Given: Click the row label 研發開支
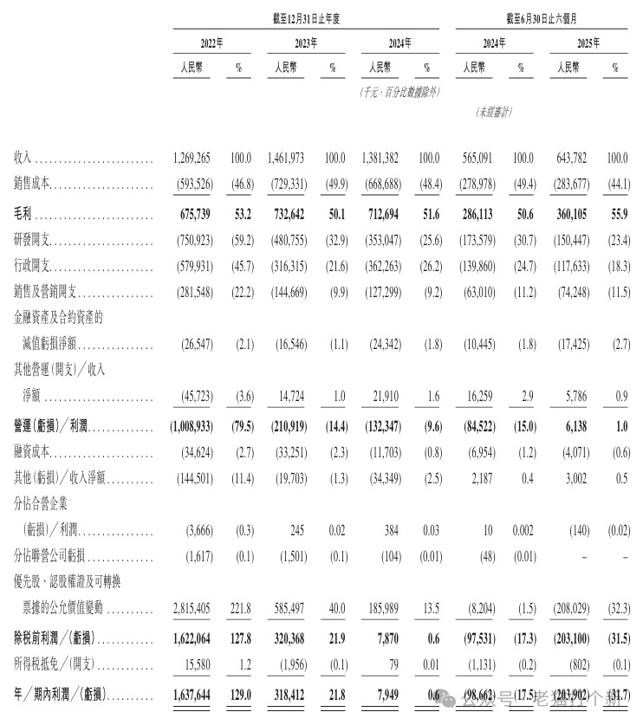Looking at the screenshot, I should tap(36, 240).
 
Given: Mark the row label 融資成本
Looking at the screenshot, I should tap(36, 451).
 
